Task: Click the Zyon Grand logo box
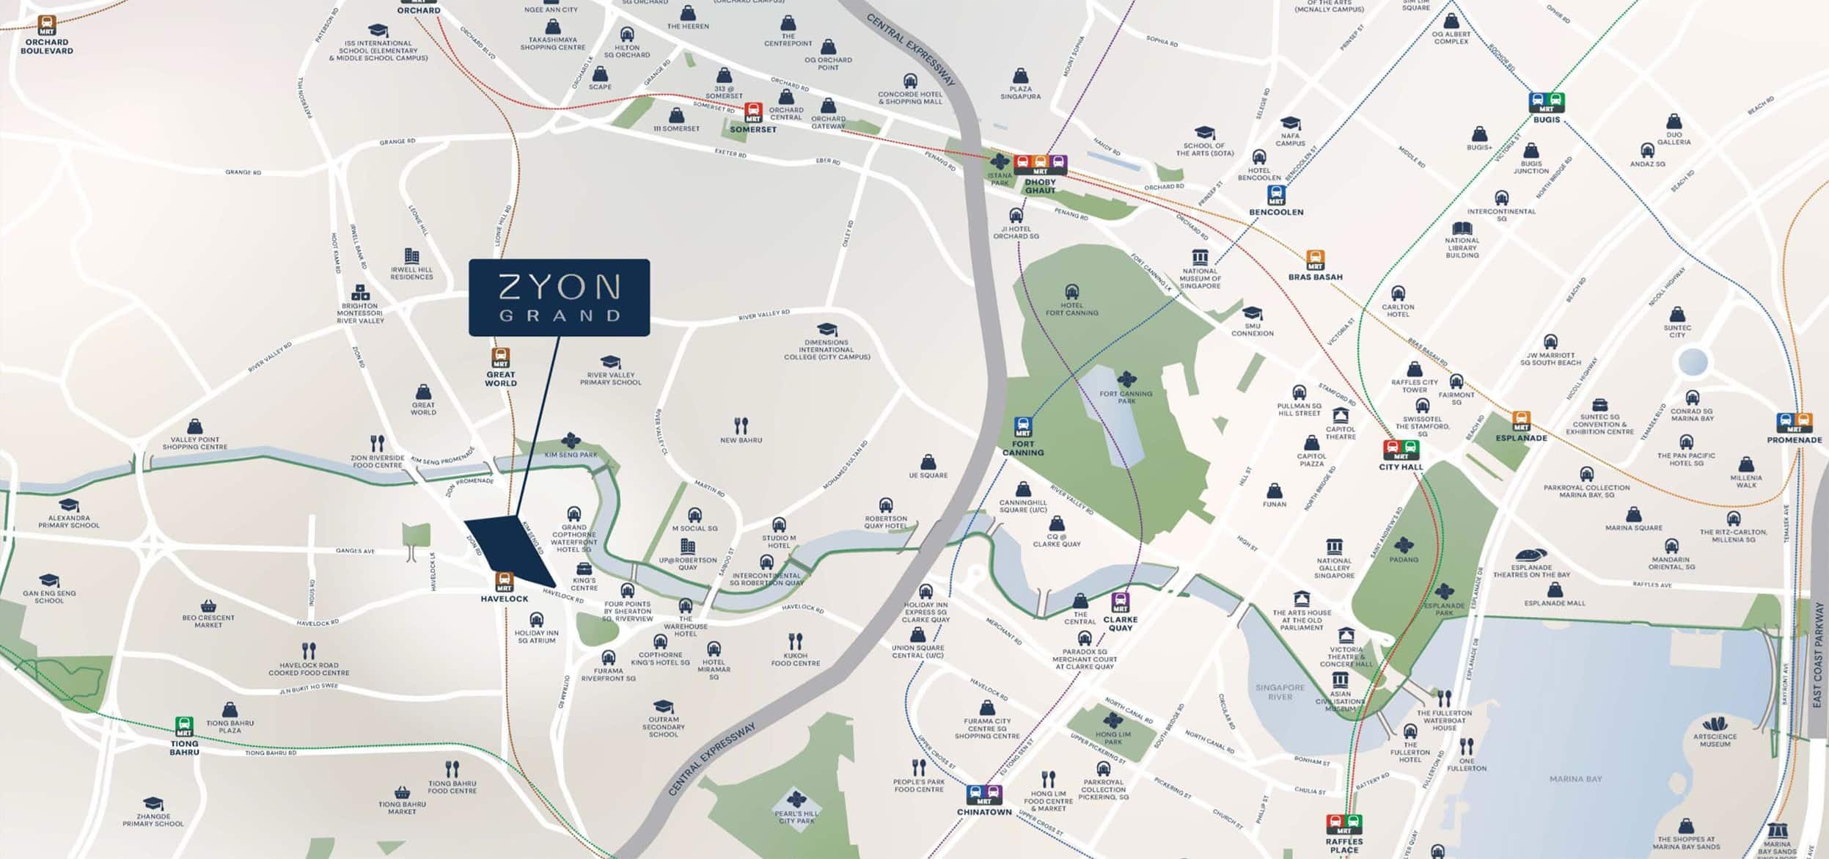click(x=559, y=297)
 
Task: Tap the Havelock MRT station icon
click(x=505, y=582)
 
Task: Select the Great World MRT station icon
click(x=501, y=358)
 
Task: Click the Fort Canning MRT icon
click(x=1022, y=427)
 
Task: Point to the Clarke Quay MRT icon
click(x=1120, y=602)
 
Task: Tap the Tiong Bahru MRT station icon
click(x=184, y=726)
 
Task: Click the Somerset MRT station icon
click(x=753, y=113)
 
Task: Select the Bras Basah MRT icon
click(x=1315, y=260)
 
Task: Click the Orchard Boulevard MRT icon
click(x=47, y=26)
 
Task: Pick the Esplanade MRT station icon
click(x=1521, y=421)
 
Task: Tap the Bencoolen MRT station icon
click(x=1276, y=195)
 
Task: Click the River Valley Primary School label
click(x=610, y=379)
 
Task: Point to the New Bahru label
click(x=741, y=440)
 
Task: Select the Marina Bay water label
click(x=1575, y=778)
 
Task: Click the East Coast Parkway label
click(x=1817, y=655)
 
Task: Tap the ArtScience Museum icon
click(x=1715, y=723)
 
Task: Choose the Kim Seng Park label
click(x=571, y=455)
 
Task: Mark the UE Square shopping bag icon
click(x=928, y=462)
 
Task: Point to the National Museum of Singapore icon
click(x=1200, y=257)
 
